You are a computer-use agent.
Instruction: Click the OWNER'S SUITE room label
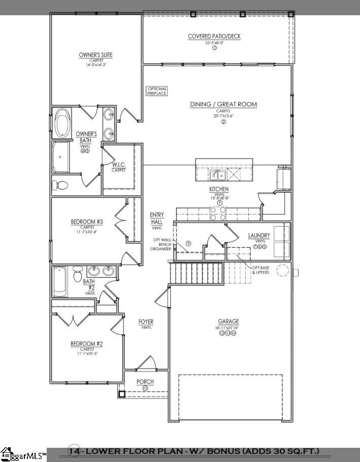click(x=95, y=55)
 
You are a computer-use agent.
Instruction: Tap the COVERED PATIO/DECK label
click(x=214, y=36)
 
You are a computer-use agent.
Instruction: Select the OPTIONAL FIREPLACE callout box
click(x=157, y=91)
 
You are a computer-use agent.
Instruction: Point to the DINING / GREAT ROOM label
click(x=223, y=104)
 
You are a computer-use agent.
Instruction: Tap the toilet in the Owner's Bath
click(x=59, y=185)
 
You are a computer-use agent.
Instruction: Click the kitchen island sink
click(x=219, y=175)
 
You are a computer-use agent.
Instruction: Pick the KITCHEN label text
click(x=219, y=189)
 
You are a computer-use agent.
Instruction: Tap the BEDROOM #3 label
click(x=87, y=222)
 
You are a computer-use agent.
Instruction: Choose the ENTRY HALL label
click(x=156, y=219)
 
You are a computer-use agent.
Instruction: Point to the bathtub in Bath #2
click(x=59, y=281)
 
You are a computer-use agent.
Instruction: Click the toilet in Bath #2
click(x=77, y=274)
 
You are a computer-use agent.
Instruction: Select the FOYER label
click(x=146, y=322)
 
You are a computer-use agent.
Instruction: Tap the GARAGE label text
click(x=228, y=321)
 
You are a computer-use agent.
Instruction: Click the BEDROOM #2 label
click(x=87, y=344)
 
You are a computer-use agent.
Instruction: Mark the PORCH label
click(x=145, y=382)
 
